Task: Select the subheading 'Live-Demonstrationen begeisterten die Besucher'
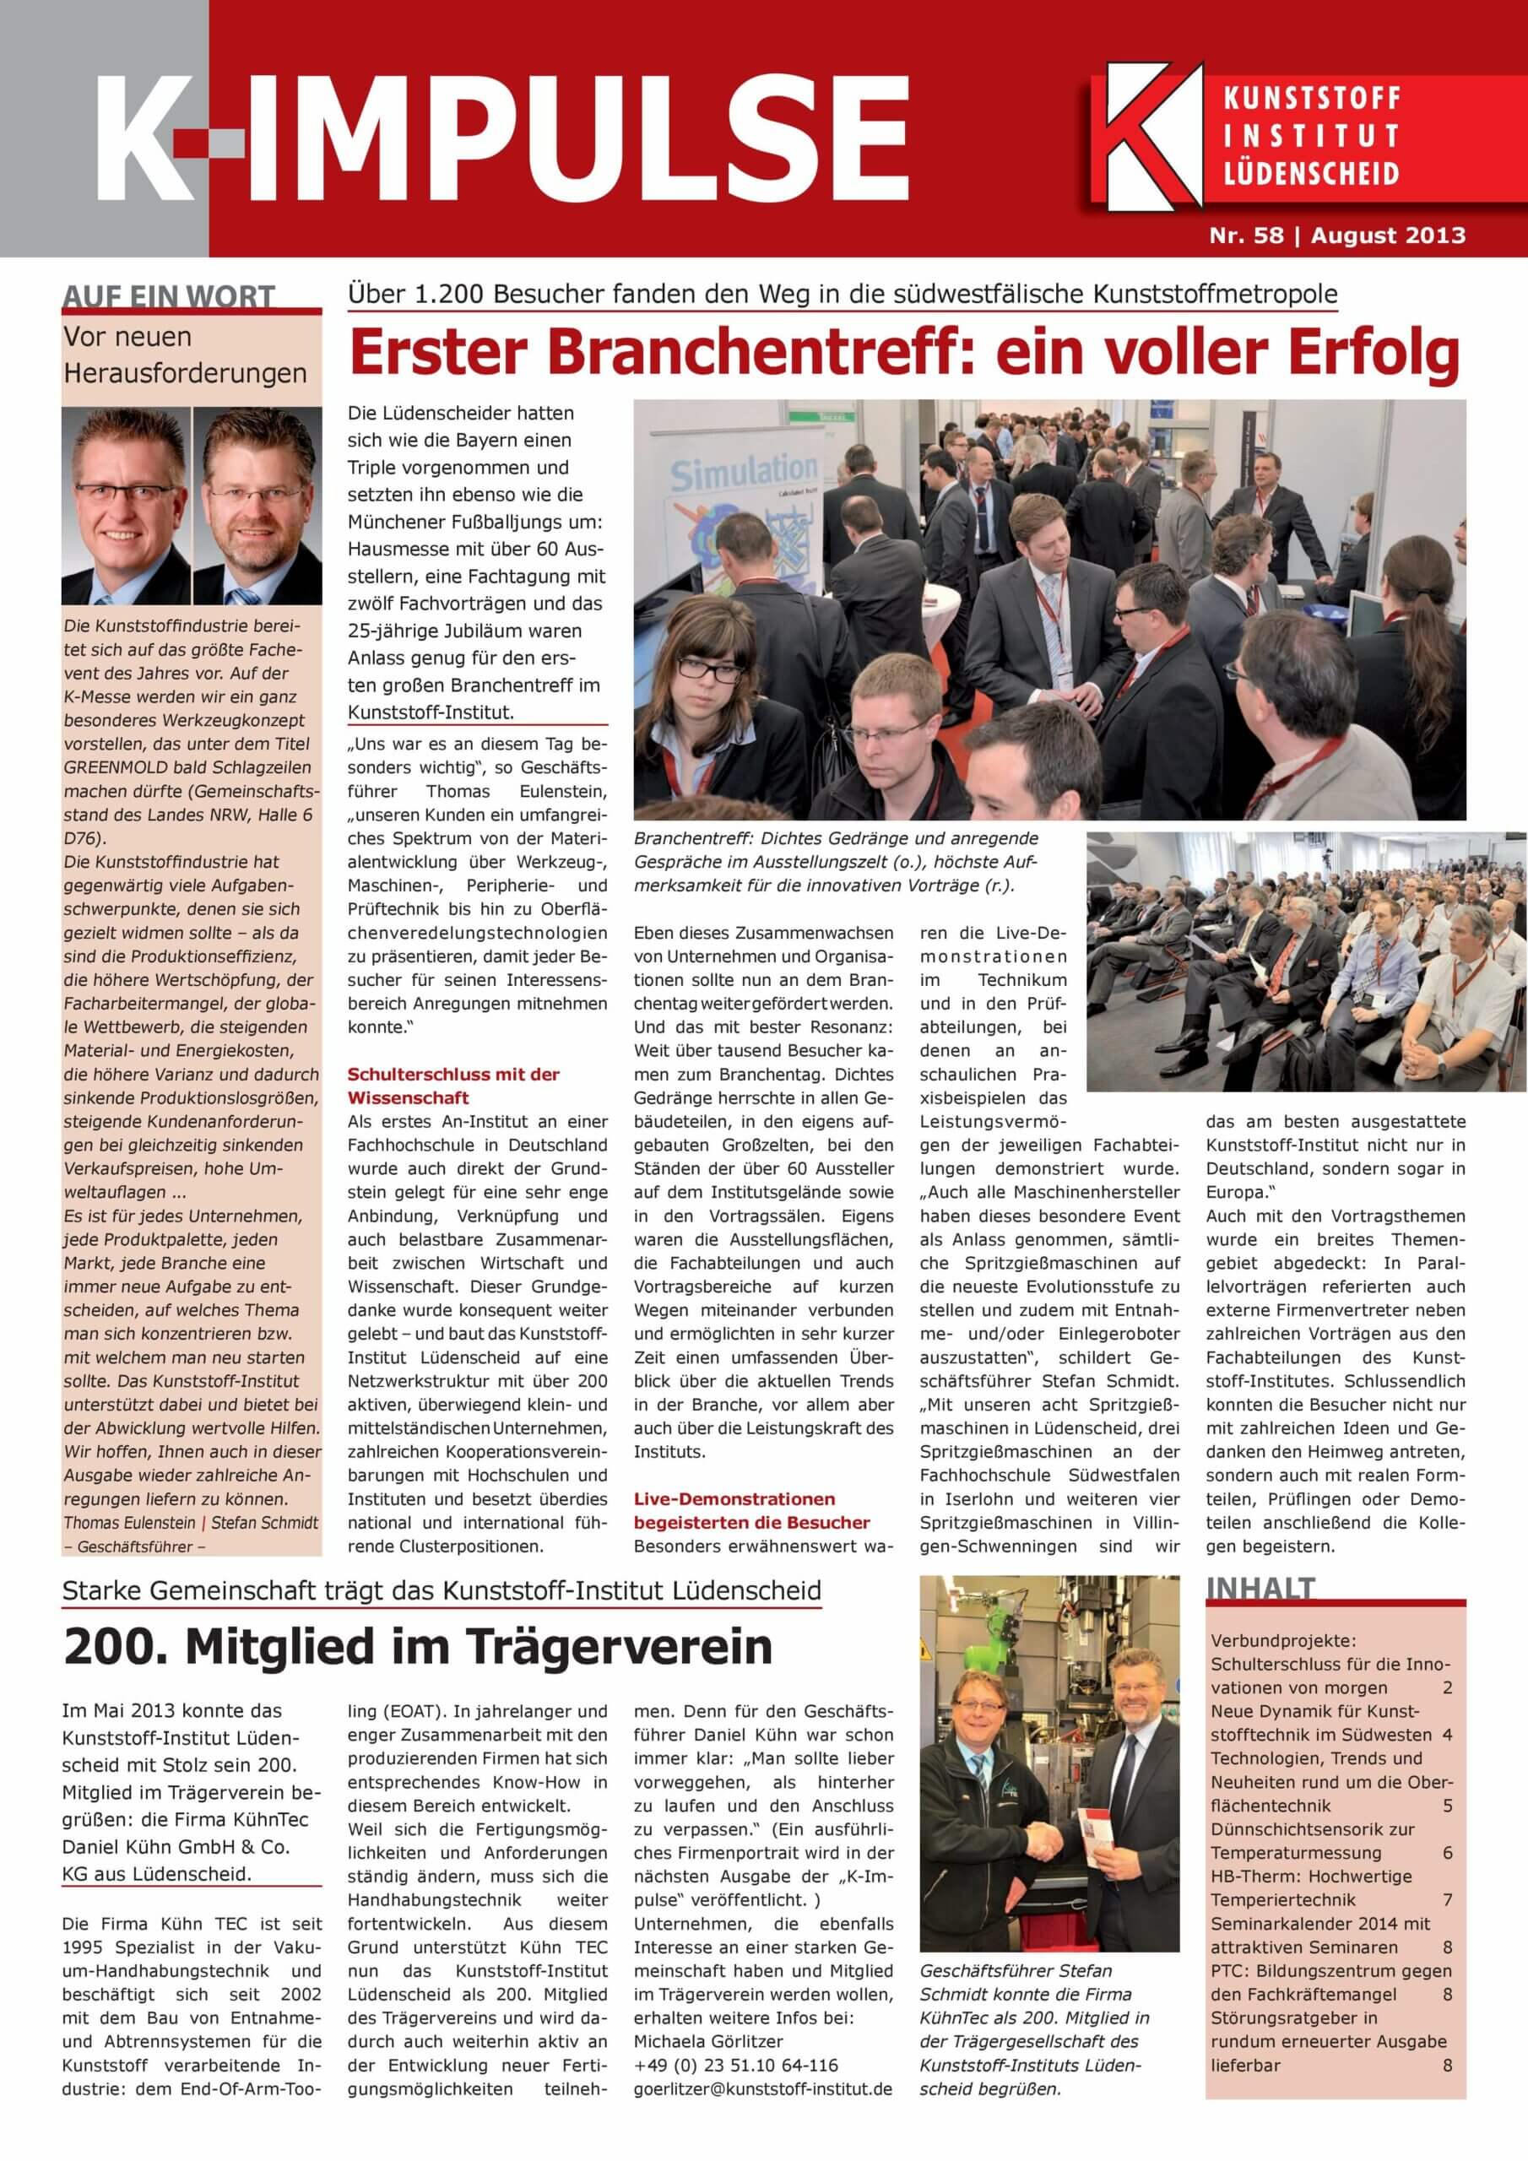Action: coord(751,1509)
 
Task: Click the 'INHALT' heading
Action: coord(1260,1587)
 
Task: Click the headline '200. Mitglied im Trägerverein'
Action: coord(417,1647)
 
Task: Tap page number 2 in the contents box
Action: coord(1447,1687)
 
